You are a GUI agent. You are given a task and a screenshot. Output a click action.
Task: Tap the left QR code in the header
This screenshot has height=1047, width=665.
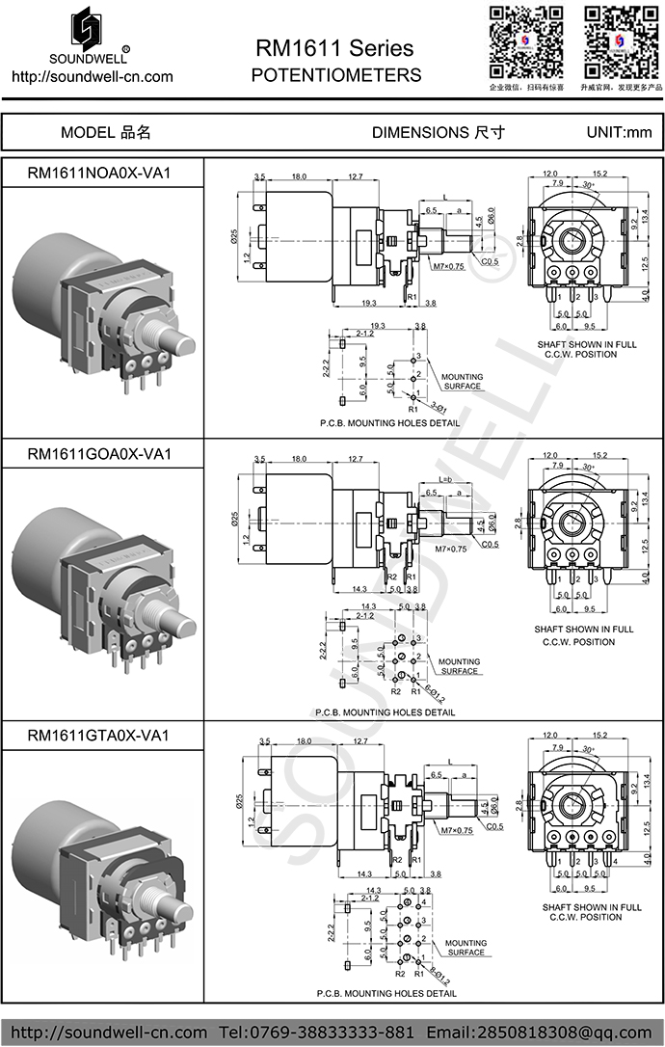[525, 40]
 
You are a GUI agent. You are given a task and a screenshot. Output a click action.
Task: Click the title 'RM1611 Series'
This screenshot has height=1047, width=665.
[334, 48]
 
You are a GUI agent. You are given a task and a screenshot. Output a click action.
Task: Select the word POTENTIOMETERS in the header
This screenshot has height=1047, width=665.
[335, 75]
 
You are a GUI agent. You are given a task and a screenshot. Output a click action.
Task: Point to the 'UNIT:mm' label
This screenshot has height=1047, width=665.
[619, 132]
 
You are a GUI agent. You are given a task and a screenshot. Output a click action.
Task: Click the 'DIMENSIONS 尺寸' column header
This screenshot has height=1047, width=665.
[438, 132]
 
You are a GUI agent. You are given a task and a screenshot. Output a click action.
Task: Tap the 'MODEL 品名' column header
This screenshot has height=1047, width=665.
[105, 132]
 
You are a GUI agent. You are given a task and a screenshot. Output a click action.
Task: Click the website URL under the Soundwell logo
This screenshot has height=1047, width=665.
[92, 77]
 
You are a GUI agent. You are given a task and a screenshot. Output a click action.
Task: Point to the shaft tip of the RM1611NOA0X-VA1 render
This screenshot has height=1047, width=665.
[181, 344]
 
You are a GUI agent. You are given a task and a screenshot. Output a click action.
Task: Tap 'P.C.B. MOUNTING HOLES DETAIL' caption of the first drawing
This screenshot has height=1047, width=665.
[389, 423]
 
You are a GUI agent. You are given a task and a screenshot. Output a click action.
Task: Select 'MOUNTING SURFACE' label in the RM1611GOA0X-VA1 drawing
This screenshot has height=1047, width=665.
[460, 666]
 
